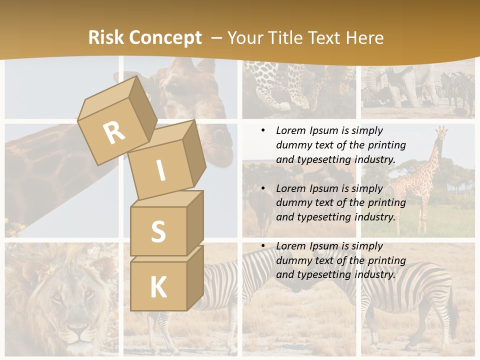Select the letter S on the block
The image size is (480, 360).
pos(158,231)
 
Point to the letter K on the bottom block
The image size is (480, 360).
pos(158,287)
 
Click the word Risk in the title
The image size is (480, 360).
pos(106,38)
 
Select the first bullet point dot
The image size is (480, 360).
pos(263,130)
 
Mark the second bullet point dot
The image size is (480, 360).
pos(263,188)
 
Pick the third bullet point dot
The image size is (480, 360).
pos(263,246)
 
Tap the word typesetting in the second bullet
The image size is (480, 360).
pos(323,217)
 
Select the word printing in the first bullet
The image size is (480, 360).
pos(386,145)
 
